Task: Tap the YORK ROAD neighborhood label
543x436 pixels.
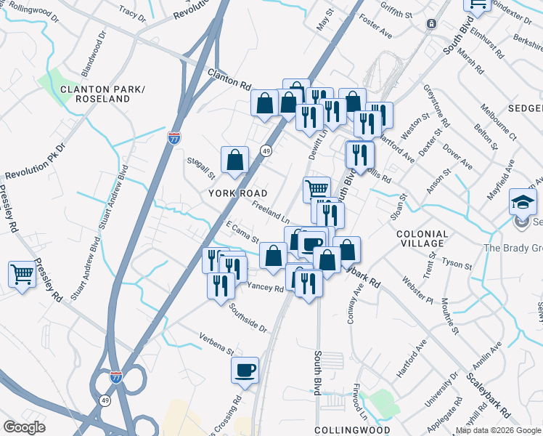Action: (x=238, y=193)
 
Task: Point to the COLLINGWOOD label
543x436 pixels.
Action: (x=346, y=430)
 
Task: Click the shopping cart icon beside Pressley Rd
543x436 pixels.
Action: (x=23, y=275)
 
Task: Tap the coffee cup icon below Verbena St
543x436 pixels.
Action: (x=245, y=371)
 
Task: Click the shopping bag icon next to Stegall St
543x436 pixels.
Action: (x=235, y=161)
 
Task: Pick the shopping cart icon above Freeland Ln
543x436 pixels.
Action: (x=317, y=190)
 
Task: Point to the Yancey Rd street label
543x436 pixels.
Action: (x=266, y=288)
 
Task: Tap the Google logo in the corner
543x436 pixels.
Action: (x=24, y=427)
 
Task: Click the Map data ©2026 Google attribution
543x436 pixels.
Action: (x=498, y=431)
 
